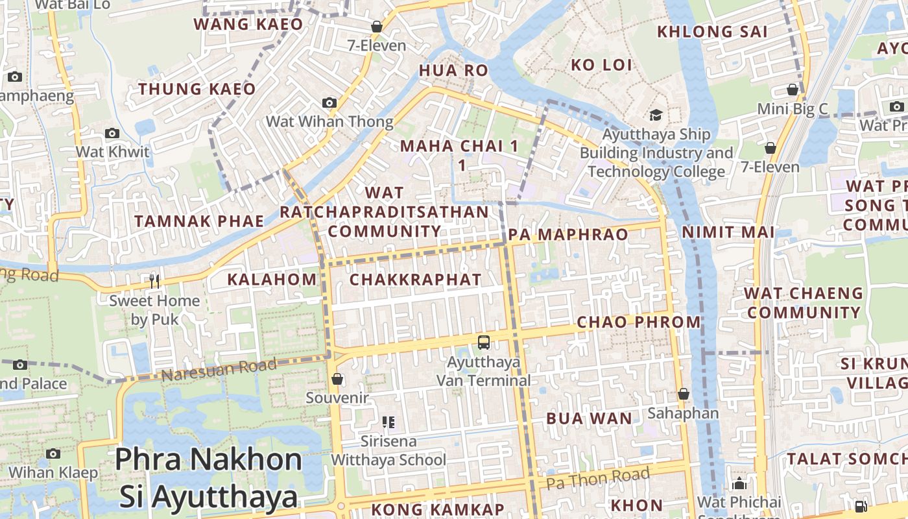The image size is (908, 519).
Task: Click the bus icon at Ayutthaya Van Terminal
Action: coord(484,342)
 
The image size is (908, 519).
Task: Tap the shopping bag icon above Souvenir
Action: coord(337,379)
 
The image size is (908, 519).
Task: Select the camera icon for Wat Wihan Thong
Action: coord(329,103)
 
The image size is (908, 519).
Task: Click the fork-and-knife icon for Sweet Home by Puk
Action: coord(154,281)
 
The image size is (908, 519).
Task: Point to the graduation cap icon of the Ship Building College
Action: coord(656,115)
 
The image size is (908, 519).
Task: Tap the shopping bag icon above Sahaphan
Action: coord(683,394)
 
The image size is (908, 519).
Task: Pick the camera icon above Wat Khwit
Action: coord(112,134)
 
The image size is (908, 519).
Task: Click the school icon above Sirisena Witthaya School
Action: coord(388,422)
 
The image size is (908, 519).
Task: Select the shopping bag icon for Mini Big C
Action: coord(792,90)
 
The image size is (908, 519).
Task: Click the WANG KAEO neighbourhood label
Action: coord(248,25)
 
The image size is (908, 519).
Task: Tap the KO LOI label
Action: coord(601,64)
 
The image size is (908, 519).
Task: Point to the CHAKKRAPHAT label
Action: coord(415,280)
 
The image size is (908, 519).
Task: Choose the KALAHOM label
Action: coord(272,280)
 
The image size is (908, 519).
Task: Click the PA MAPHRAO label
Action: coord(569,234)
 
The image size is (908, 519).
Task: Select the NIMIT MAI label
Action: coord(728,232)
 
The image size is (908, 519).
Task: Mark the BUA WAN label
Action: coord(589,418)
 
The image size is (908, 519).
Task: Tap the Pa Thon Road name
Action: coord(597,479)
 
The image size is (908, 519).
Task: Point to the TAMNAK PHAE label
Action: coord(199,221)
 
